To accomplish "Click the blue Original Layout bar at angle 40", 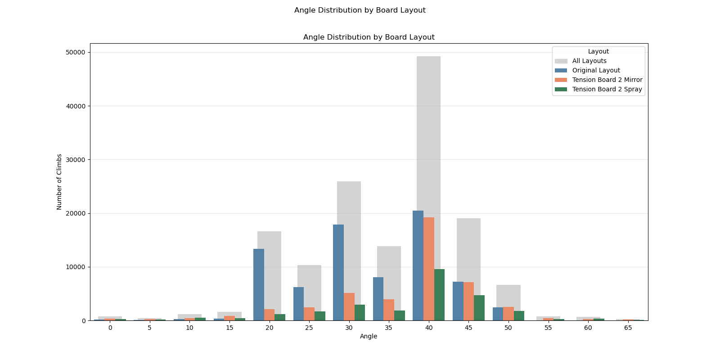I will pyautogui.click(x=418, y=265).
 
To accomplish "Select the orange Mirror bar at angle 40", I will pyautogui.click(x=429, y=269).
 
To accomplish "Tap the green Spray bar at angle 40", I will pyautogui.click(x=439, y=295).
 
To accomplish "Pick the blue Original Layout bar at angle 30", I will pyautogui.click(x=338, y=272).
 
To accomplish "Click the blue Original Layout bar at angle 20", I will pyautogui.click(x=259, y=284).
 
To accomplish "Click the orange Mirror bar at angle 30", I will pyautogui.click(x=349, y=306).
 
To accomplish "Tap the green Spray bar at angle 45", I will pyautogui.click(x=479, y=308).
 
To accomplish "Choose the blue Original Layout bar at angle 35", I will pyautogui.click(x=378, y=299).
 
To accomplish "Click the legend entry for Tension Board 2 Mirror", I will pyautogui.click(x=607, y=80).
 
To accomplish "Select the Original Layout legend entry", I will pyautogui.click(x=596, y=71).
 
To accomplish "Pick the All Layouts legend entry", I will pyautogui.click(x=589, y=61).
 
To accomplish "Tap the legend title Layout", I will pyautogui.click(x=598, y=52).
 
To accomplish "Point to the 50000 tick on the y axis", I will pyautogui.click(x=75, y=53).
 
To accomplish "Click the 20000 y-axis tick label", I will pyautogui.click(x=75, y=213).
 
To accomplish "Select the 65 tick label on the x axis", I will pyautogui.click(x=628, y=328).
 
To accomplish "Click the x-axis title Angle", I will pyautogui.click(x=369, y=337).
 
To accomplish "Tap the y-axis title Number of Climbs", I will pyautogui.click(x=59, y=182).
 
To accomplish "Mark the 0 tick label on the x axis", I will pyautogui.click(x=110, y=328).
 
